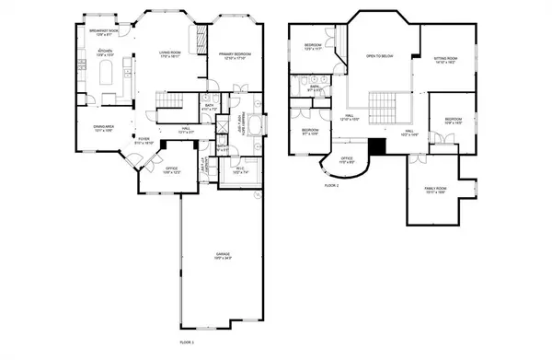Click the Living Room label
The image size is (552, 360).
pos(167,54)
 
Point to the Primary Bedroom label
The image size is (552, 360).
pos(236,57)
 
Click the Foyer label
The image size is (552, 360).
pos(144,142)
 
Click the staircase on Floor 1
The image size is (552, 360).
pos(169,99)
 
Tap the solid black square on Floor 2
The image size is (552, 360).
pos(376,147)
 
